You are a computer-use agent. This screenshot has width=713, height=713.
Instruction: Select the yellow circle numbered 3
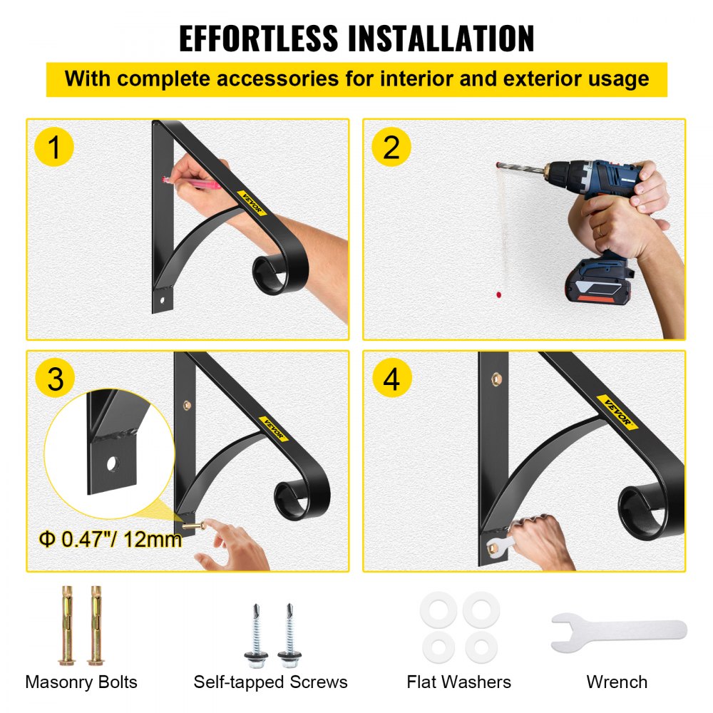point(55,379)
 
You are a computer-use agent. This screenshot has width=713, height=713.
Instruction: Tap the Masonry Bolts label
point(81,682)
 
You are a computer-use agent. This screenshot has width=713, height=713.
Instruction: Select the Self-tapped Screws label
point(270,682)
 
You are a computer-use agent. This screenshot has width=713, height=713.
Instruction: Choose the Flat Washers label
point(458,682)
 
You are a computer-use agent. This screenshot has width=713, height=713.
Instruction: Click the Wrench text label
point(617,682)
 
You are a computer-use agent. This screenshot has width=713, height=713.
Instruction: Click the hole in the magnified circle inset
point(111,464)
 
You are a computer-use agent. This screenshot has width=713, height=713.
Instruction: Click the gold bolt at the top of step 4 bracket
point(493,382)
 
